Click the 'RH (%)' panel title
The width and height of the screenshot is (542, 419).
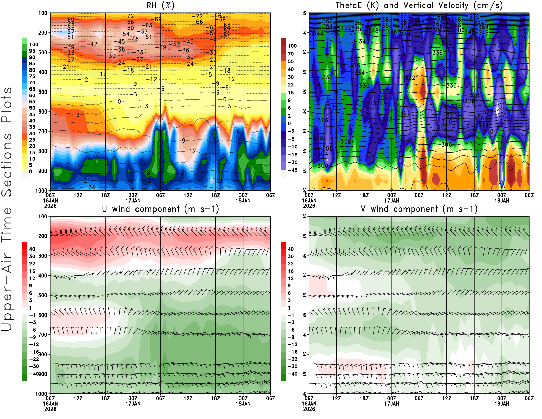(160, 6)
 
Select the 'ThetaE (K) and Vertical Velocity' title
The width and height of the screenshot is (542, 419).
(419, 6)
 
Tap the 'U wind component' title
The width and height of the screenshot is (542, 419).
(160, 209)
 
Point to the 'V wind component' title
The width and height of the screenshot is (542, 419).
(419, 209)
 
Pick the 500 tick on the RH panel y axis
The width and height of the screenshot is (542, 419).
(43, 92)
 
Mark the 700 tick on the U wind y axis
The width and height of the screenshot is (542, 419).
(43, 335)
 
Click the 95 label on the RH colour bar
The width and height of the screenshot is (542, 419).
(32, 51)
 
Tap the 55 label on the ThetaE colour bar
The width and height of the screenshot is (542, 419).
(291, 61)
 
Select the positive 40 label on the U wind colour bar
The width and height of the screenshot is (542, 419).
(32, 249)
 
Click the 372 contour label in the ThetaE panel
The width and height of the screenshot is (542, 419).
(405, 16)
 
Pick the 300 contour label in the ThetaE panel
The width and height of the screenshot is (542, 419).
(323, 166)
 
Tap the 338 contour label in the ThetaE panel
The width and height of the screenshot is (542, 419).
(437, 53)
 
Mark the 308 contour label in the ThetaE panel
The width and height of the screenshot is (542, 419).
(346, 142)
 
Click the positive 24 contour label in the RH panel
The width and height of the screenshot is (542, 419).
(91, 187)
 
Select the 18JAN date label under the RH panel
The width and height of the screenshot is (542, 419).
(243, 200)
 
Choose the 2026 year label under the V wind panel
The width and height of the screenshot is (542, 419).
(309, 409)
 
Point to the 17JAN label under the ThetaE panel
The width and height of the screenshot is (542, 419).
(392, 200)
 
